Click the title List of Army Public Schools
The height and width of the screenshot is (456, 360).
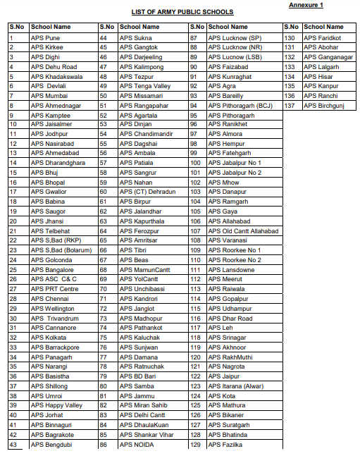(182, 13)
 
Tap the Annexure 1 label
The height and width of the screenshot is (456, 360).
(306, 5)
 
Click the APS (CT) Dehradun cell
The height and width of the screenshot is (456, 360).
(146, 192)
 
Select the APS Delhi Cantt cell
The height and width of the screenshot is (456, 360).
(139, 415)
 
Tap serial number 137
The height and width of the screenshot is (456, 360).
(289, 105)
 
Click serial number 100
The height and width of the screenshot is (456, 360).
(196, 163)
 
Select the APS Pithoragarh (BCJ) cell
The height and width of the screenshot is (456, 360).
(240, 105)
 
